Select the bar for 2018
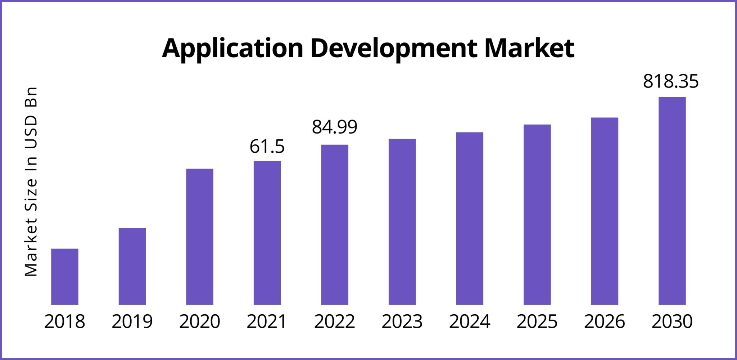(65, 276)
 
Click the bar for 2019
(132, 266)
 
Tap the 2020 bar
(200, 237)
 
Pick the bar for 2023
(402, 222)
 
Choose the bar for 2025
(537, 215)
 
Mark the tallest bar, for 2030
(672, 201)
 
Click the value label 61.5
(267, 147)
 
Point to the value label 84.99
(334, 127)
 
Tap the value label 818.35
(670, 81)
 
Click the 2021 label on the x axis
(267, 321)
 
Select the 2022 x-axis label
(334, 321)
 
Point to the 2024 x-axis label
(469, 321)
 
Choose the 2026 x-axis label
(604, 321)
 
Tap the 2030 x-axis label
(672, 321)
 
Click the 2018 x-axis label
(65, 321)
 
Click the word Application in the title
(232, 49)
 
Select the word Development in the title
(394, 49)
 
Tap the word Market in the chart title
(529, 48)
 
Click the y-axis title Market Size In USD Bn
(31, 182)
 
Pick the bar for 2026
(605, 211)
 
